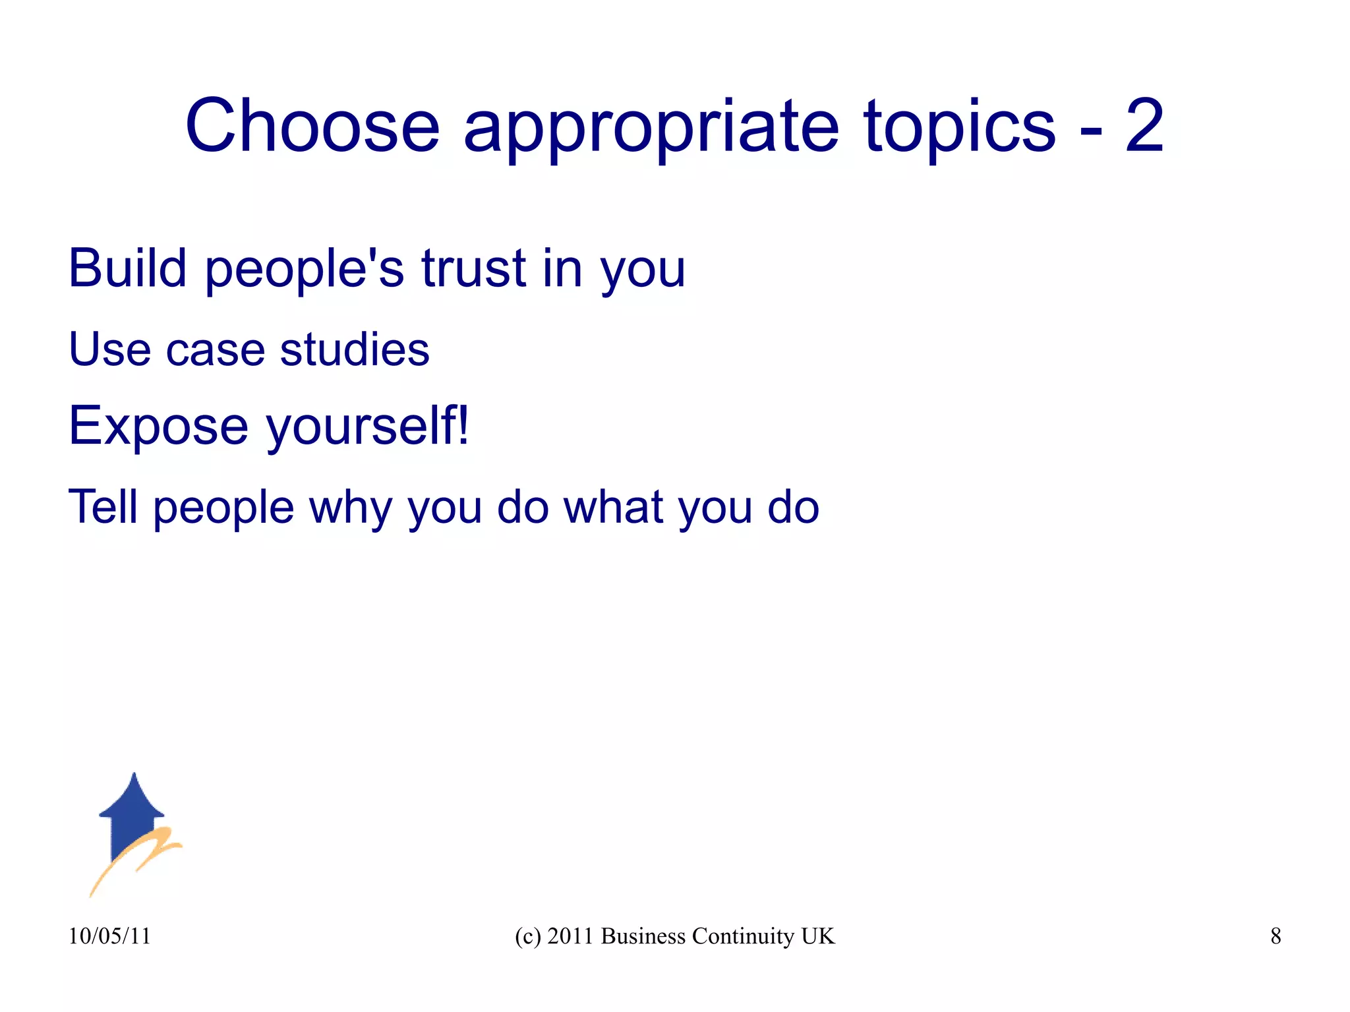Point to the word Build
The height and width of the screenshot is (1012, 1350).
click(128, 268)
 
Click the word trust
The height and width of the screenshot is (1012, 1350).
click(473, 269)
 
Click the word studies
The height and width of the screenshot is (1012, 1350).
click(355, 349)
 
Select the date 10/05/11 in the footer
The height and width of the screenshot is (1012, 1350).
click(109, 936)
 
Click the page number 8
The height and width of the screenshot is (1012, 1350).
click(1276, 936)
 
